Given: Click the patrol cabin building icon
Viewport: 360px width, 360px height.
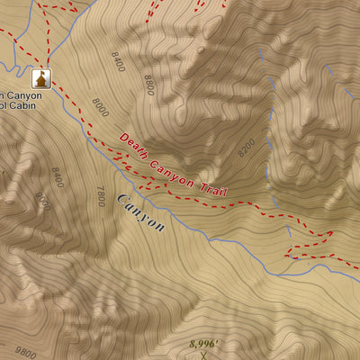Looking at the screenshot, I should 40,77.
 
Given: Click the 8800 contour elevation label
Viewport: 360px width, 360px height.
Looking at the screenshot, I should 148,85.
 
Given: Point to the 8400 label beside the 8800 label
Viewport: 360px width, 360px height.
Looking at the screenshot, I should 117,62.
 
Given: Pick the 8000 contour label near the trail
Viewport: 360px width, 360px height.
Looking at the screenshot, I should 99,107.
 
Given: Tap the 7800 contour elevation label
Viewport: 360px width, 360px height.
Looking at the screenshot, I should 101,196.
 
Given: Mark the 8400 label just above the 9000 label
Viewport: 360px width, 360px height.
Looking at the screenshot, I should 58,176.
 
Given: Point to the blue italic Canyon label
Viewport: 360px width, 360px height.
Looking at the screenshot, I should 139,212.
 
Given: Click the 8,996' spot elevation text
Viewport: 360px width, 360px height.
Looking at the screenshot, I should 204,344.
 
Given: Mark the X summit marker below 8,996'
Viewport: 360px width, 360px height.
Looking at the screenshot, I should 204,355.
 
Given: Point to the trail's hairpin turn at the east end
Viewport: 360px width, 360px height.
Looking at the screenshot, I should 332,234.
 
